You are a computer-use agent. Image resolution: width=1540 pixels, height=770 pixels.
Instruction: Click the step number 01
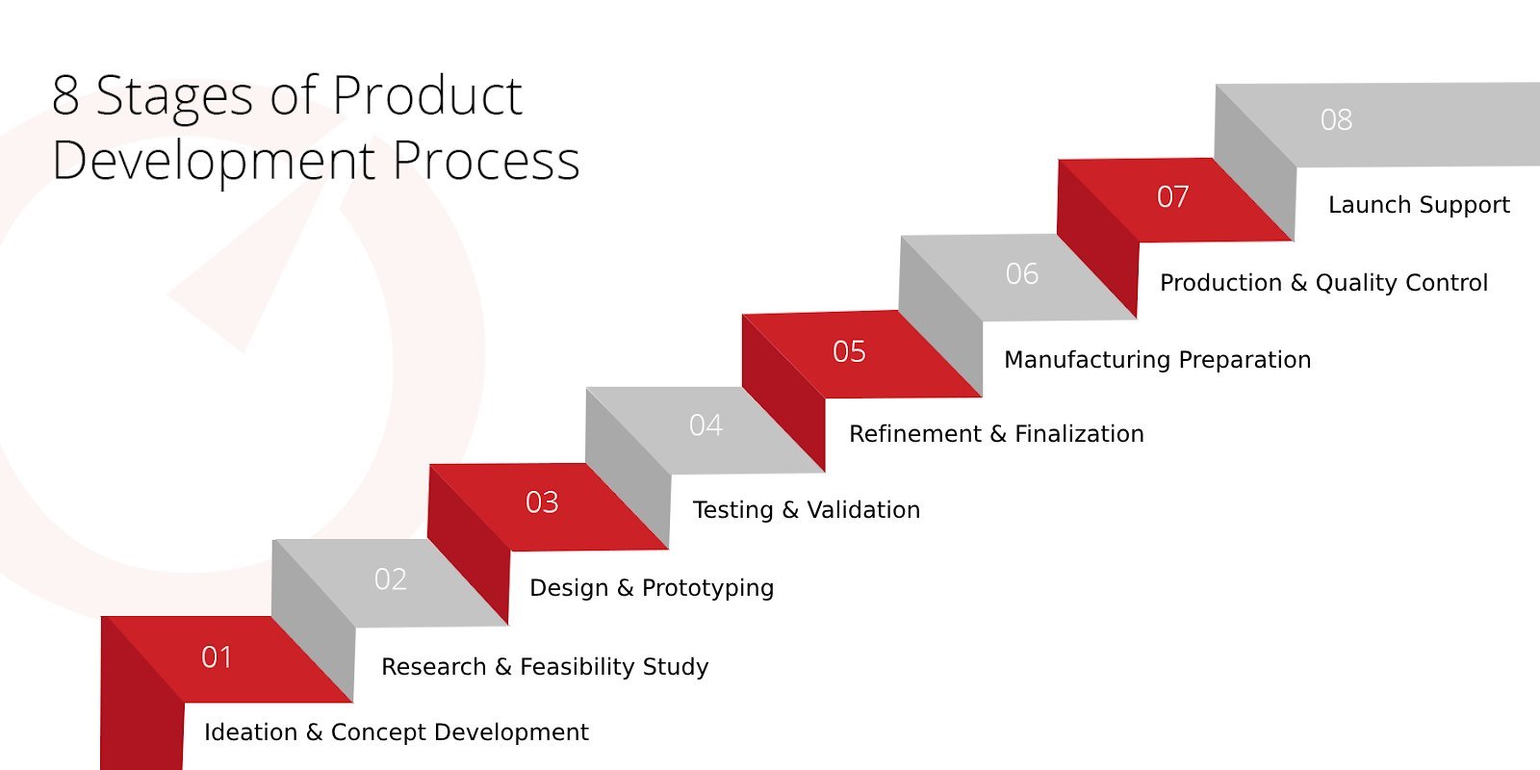(217, 657)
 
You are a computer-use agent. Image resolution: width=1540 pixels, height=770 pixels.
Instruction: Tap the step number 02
(391, 579)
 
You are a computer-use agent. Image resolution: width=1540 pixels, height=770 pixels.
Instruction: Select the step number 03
(542, 502)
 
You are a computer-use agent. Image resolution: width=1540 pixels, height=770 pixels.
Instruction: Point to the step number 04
(706, 425)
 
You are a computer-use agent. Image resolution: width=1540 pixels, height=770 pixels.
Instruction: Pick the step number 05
(849, 351)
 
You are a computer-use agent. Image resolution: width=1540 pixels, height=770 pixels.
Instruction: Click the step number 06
(1022, 274)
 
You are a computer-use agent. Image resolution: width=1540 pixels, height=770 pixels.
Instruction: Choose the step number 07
(1173, 197)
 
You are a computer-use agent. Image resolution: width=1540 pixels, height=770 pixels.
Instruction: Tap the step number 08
(1337, 120)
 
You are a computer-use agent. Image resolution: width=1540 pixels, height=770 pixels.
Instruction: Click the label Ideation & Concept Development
(396, 732)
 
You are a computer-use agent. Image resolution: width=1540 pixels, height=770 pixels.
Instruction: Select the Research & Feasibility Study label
(545, 667)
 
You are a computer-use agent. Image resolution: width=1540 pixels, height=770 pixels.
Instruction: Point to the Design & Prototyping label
(652, 588)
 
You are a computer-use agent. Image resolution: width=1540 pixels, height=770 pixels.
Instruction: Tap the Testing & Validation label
(807, 510)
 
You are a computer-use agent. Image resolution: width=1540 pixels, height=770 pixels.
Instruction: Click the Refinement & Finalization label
(996, 434)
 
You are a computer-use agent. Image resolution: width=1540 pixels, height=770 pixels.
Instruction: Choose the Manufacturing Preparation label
(1157, 360)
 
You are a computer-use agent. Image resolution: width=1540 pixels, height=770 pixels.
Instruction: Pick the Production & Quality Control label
(1323, 283)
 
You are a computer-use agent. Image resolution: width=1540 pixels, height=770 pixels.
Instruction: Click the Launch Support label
(1419, 205)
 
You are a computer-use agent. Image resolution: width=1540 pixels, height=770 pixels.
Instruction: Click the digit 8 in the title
(65, 96)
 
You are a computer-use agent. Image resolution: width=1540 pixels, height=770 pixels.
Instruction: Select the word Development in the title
(213, 161)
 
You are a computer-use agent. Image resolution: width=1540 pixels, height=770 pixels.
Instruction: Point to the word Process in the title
(486, 161)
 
